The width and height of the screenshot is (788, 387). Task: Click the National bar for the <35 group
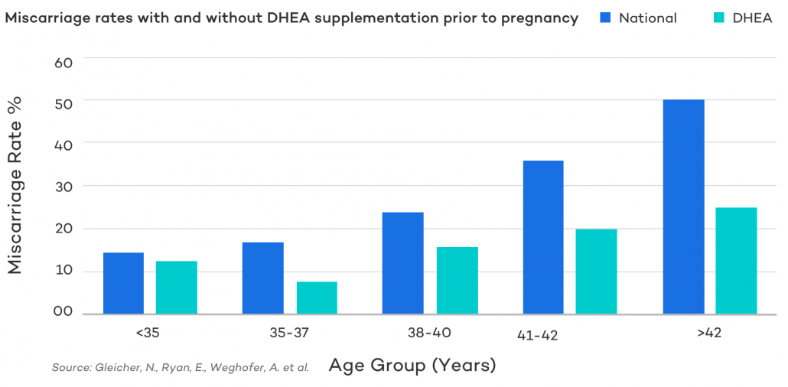[123, 283]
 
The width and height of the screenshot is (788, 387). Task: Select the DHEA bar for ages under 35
[177, 288]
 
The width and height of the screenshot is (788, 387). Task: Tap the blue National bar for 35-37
[262, 278]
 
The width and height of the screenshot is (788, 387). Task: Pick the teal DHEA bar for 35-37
[317, 298]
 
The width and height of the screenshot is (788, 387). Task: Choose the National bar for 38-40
[402, 262]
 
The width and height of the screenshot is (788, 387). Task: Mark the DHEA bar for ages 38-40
[457, 280]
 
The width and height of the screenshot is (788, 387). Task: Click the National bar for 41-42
[543, 237]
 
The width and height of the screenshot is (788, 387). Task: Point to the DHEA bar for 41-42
[597, 272]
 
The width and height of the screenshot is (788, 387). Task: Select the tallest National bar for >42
[684, 207]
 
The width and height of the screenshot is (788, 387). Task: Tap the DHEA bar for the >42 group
[737, 261]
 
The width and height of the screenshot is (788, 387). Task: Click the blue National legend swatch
[605, 18]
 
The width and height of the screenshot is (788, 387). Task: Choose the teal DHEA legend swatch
[719, 18]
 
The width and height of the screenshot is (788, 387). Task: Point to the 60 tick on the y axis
[63, 62]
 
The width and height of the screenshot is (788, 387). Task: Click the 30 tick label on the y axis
[63, 186]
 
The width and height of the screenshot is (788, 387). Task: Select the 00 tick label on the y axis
[63, 311]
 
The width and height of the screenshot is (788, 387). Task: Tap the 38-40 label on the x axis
[431, 333]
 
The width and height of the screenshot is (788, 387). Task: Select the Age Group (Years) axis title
[412, 366]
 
